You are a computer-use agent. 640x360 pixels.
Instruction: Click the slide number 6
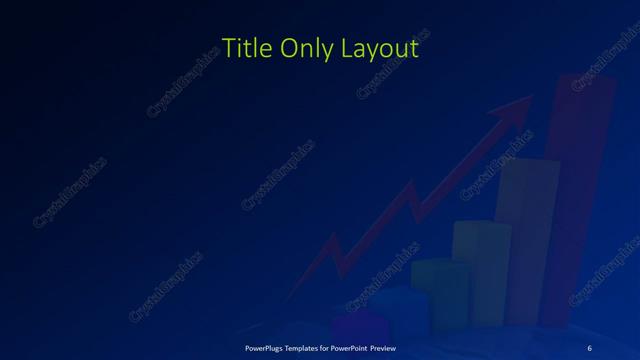(x=589, y=347)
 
